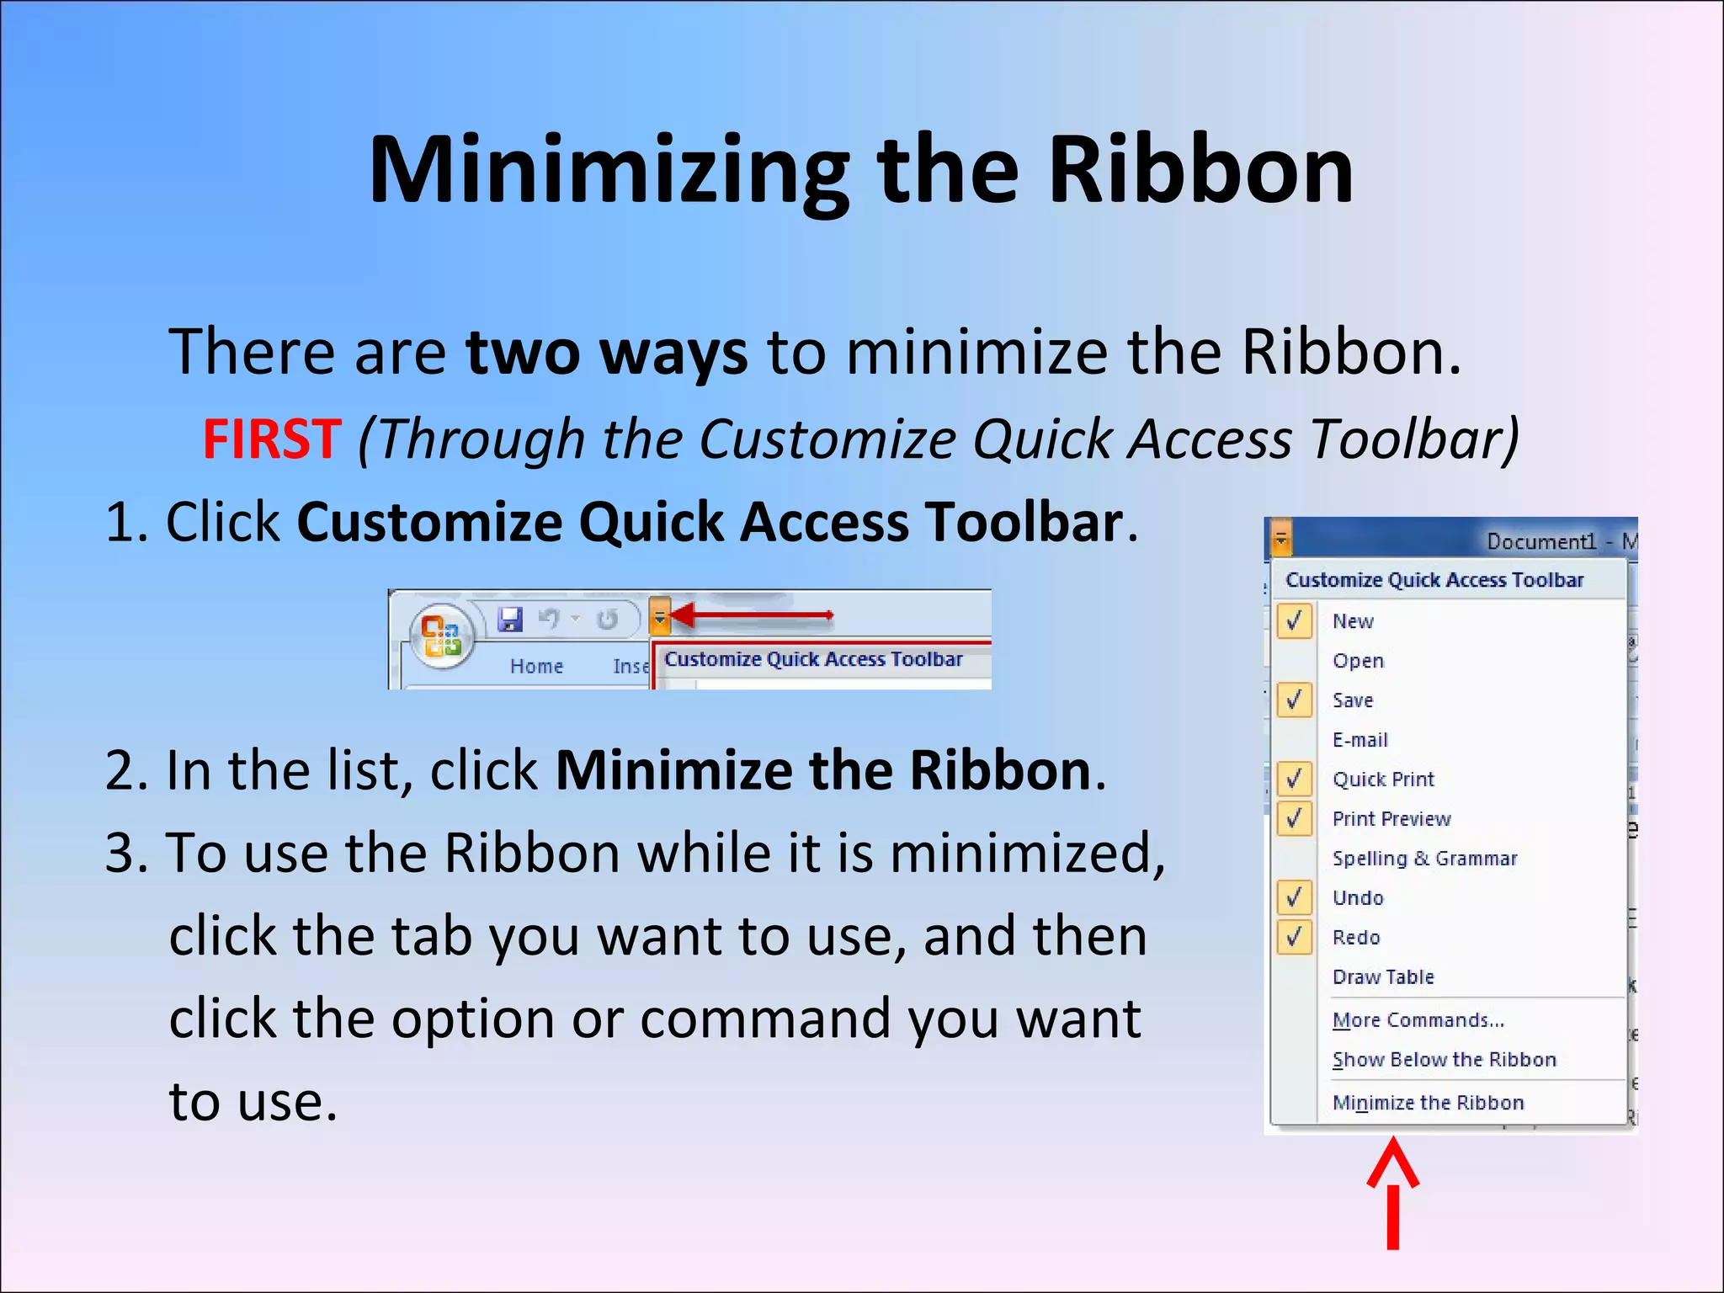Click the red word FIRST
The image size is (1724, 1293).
click(x=272, y=439)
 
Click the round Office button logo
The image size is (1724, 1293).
click(x=441, y=636)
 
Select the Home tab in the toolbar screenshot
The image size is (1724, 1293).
click(x=536, y=666)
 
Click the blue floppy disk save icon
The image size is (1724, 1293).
click(x=510, y=620)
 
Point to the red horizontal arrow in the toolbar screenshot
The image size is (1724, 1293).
click(x=753, y=616)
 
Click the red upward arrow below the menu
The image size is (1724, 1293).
click(x=1393, y=1191)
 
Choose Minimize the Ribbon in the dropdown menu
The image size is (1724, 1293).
click(x=1428, y=1103)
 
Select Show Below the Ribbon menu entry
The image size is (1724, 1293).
click(x=1444, y=1060)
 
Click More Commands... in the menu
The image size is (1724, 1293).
click(x=1418, y=1020)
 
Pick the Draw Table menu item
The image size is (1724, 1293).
click(x=1383, y=977)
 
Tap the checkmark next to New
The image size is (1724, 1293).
click(x=1295, y=620)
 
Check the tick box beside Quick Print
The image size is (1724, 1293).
click(x=1295, y=779)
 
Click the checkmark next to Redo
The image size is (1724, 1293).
click(x=1295, y=937)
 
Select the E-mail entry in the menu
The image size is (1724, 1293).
click(x=1360, y=740)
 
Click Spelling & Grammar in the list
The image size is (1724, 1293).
click(x=1424, y=859)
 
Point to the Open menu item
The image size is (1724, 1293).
click(x=1358, y=661)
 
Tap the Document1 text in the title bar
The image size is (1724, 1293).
click(x=1540, y=541)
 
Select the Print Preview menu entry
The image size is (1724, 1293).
click(x=1391, y=819)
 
